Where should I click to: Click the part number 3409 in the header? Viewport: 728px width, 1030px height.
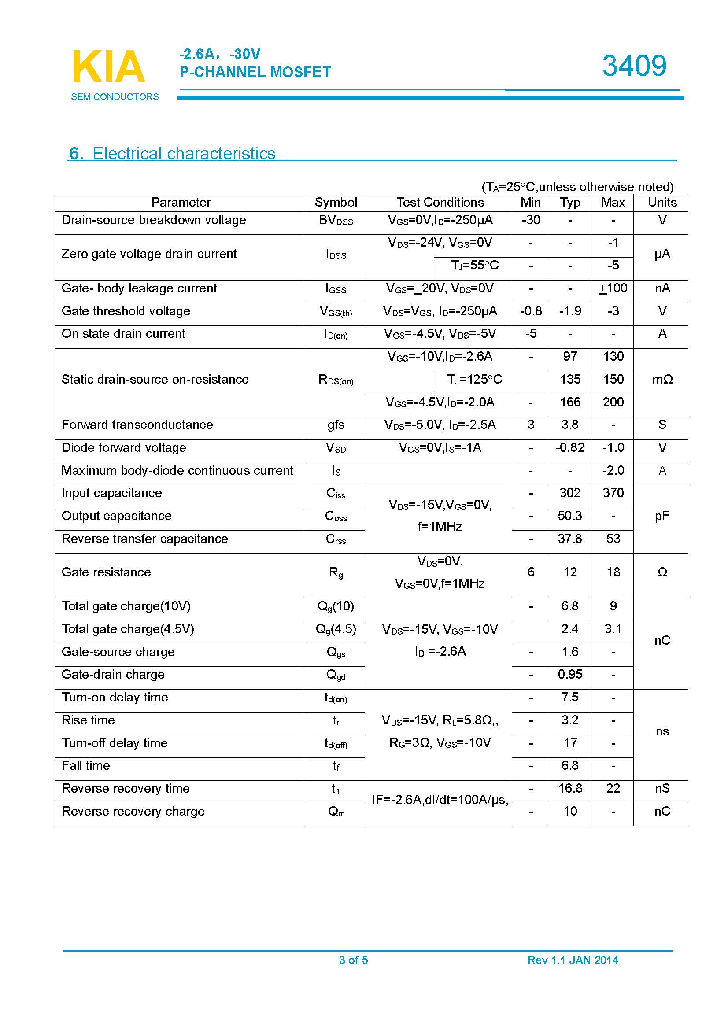pyautogui.click(x=634, y=66)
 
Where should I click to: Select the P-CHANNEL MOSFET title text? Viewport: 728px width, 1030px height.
pyautogui.click(x=255, y=72)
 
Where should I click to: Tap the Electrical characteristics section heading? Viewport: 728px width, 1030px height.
pyautogui.click(x=172, y=153)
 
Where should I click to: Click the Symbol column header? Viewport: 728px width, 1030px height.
pyautogui.click(x=336, y=202)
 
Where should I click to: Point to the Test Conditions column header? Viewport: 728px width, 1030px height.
pyautogui.click(x=440, y=202)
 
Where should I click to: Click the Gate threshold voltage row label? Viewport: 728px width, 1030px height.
pyautogui.click(x=126, y=311)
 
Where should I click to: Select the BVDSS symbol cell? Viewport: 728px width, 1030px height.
pyautogui.click(x=336, y=220)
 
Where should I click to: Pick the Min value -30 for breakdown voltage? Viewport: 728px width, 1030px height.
pyautogui.click(x=531, y=220)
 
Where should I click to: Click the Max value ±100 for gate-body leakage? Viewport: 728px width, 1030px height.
pyautogui.click(x=613, y=288)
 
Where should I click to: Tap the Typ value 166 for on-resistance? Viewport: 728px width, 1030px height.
pyautogui.click(x=569, y=402)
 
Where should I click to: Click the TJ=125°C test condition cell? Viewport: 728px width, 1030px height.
pyautogui.click(x=474, y=380)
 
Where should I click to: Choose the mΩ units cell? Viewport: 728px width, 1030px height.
pyautogui.click(x=662, y=380)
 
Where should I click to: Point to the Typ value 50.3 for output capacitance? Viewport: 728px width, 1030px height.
pyautogui.click(x=569, y=516)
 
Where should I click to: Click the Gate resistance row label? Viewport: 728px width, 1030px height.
pyautogui.click(x=106, y=572)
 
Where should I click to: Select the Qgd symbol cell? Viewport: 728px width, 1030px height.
pyautogui.click(x=336, y=675)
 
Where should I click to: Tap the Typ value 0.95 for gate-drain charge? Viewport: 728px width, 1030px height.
pyautogui.click(x=569, y=674)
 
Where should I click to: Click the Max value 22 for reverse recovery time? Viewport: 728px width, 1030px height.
pyautogui.click(x=613, y=788)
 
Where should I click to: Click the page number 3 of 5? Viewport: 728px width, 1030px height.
pyautogui.click(x=354, y=960)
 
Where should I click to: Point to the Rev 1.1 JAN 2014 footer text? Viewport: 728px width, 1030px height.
pyautogui.click(x=573, y=960)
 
